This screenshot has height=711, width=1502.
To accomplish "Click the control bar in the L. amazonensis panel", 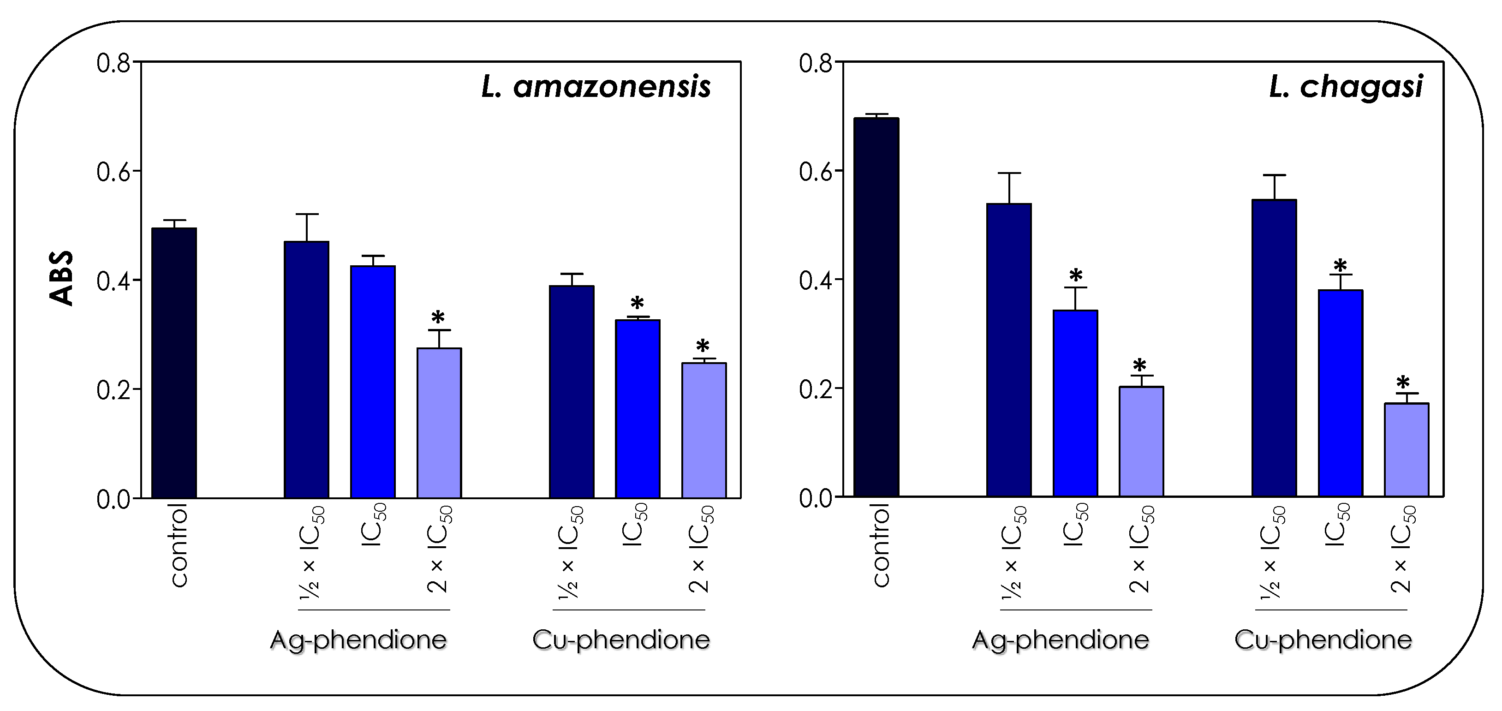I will pos(174,363).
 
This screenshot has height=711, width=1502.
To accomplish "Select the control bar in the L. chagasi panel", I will pos(876,307).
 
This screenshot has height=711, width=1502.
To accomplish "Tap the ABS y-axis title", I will pos(61,278).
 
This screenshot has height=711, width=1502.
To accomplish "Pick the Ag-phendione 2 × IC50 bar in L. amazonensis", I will pos(439,423).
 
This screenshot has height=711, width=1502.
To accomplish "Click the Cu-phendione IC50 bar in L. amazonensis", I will pos(638,408).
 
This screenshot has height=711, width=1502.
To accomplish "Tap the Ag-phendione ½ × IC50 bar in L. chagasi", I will pos(1009,350).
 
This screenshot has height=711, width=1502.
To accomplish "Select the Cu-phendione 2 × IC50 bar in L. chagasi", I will pos(1407,450).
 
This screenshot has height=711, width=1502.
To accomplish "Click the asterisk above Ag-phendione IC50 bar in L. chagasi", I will pos(1076,275).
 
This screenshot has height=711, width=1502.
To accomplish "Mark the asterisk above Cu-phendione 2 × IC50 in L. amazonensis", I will pos(703,345).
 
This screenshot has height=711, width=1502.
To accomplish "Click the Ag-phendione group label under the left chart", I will pos(358,640).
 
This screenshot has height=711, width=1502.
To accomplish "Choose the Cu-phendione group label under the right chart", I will pos(1323,640).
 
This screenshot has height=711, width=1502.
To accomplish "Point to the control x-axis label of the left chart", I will pos(179,545).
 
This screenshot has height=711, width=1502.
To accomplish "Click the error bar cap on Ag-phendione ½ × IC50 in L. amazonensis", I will pos(307,214).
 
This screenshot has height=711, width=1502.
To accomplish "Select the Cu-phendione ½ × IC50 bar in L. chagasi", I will pos(1274,348).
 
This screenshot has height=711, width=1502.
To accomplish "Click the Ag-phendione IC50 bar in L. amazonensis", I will pos(373,382).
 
